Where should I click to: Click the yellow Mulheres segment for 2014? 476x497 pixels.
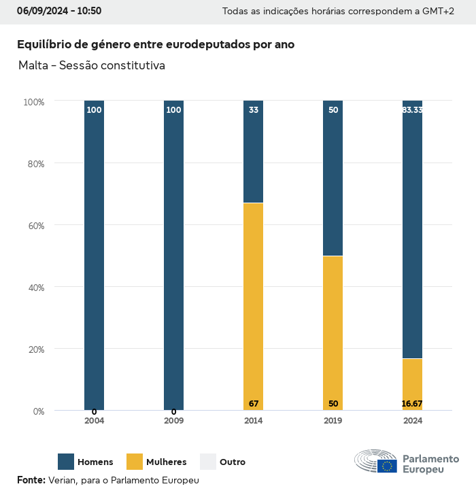[253, 306]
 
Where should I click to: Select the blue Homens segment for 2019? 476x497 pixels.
[333, 178]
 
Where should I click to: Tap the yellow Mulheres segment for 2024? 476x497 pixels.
[412, 384]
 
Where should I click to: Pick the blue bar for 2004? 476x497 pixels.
[94, 255]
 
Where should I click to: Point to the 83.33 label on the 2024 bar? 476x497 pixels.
[412, 109]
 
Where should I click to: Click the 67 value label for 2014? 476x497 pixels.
[254, 404]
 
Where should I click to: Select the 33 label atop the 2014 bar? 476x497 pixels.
[254, 109]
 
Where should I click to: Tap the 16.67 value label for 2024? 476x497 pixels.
[412, 404]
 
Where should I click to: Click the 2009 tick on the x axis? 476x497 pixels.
[173, 421]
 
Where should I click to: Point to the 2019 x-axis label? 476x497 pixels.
[333, 421]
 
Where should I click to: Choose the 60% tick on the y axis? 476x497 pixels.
[35, 225]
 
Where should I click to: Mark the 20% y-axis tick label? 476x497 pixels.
[35, 349]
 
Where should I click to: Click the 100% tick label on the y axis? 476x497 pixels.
[33, 101]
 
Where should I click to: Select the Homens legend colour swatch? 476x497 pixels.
[66, 462]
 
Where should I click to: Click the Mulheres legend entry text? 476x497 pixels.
[166, 462]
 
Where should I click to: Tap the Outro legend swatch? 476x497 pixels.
[208, 462]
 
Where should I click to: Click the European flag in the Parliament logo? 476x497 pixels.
[388, 466]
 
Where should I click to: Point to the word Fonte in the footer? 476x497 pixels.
[31, 480]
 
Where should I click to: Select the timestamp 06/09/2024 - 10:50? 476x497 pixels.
[59, 11]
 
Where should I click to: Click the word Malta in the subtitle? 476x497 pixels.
[34, 65]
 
